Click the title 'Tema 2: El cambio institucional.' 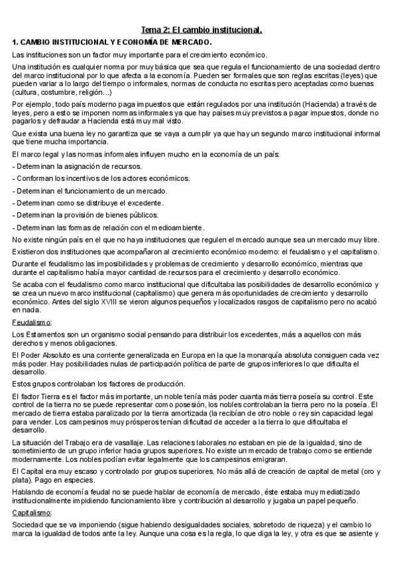[x=202, y=30]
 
